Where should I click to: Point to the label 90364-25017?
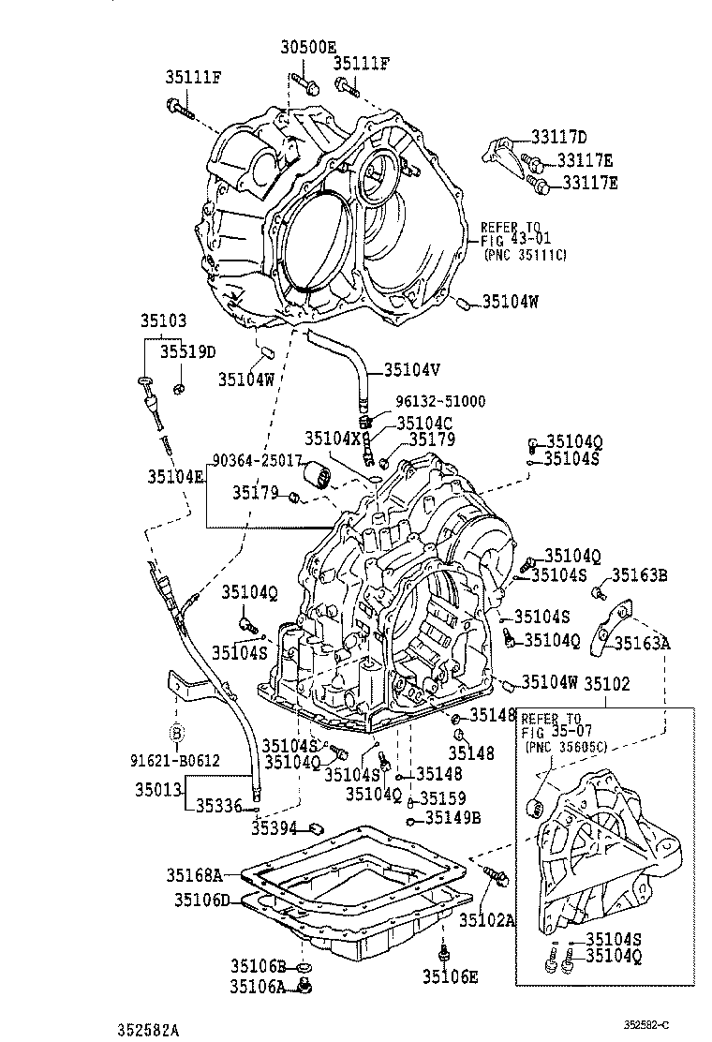[x=257, y=460]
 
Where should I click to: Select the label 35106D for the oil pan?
[x=201, y=901]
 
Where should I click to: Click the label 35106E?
[x=450, y=976]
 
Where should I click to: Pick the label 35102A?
[x=487, y=920]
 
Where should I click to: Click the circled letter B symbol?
[x=175, y=731]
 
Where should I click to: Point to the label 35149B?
[x=452, y=817]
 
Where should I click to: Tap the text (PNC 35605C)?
[x=569, y=747]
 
